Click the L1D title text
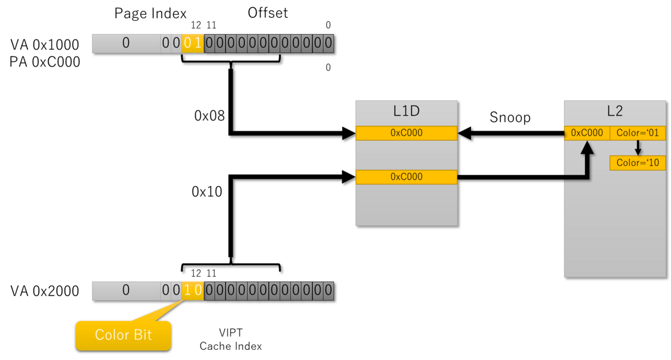click(407, 111)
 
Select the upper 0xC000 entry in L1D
click(407, 133)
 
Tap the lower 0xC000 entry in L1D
click(407, 177)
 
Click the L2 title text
click(615, 111)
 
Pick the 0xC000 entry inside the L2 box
click(587, 133)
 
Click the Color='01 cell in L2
click(637, 133)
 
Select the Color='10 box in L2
click(637, 163)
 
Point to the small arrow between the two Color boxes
click(637, 148)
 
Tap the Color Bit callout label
click(123, 335)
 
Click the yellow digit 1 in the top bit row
click(198, 43)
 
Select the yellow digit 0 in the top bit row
click(187, 43)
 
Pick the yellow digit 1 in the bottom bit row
click(187, 291)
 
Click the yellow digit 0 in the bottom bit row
click(198, 291)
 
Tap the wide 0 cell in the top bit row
click(126, 43)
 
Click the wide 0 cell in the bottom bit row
click(126, 291)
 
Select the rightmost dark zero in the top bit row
click(328, 43)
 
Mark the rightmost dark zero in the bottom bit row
click(328, 291)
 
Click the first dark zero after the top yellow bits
click(209, 43)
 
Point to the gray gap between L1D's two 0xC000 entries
click(407, 155)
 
